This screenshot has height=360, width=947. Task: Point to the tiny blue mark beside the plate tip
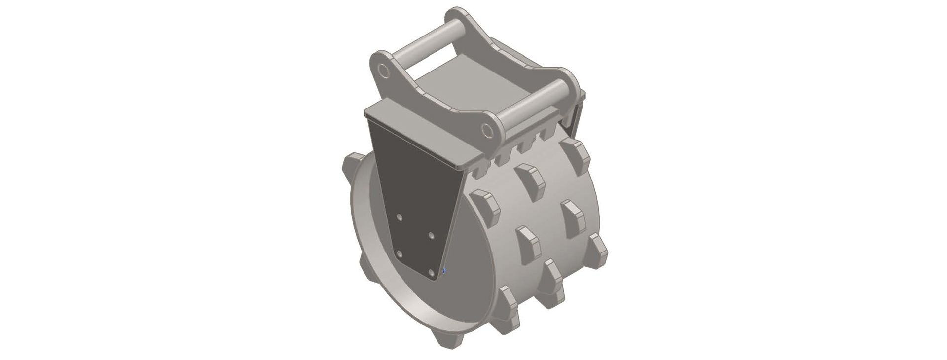pyautogui.click(x=445, y=270)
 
